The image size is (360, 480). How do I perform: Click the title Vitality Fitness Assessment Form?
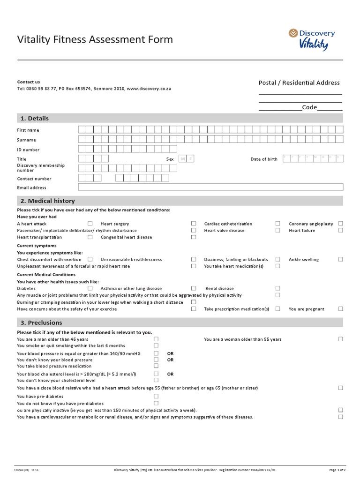click(x=95, y=39)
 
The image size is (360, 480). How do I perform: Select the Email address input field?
click(x=210, y=187)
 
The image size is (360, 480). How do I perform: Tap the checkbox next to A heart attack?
click(x=90, y=224)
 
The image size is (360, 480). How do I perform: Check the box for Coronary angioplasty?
click(x=341, y=224)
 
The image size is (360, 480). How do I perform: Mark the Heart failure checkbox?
click(x=341, y=230)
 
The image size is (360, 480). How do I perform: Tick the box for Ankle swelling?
click(x=341, y=259)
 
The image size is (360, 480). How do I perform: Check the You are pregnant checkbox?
click(x=341, y=309)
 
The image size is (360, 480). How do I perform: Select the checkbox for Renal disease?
click(x=277, y=288)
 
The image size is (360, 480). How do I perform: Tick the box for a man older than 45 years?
click(x=156, y=339)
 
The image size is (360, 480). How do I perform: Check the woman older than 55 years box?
click(x=341, y=339)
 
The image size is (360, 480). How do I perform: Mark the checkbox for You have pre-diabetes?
click(x=156, y=396)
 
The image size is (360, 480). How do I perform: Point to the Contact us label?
click(x=29, y=82)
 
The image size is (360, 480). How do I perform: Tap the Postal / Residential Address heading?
click(x=299, y=82)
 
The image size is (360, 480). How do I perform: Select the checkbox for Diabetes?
click(x=90, y=288)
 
